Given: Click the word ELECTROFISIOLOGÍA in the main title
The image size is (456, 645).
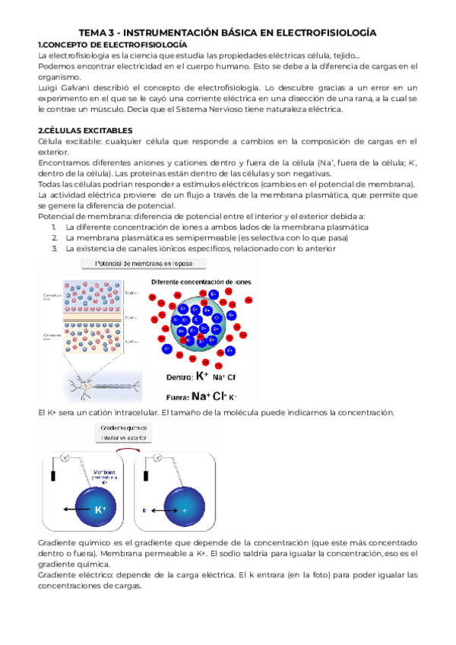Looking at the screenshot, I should (324, 33).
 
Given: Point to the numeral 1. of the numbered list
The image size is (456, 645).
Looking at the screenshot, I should (55, 227).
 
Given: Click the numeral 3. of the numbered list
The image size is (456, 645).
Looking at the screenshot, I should (55, 248).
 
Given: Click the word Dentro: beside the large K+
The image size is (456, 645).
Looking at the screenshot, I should (179, 376).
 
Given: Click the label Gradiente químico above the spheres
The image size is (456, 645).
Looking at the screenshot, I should (122, 428).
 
